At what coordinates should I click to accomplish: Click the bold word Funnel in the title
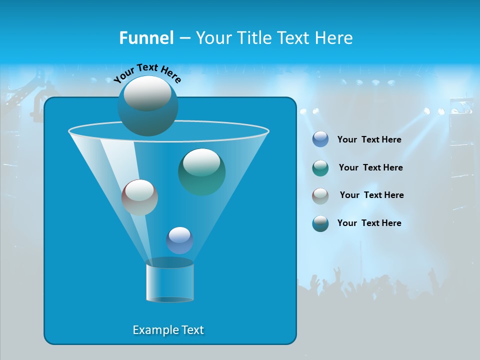(x=146, y=37)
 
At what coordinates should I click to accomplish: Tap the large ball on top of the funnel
(x=147, y=106)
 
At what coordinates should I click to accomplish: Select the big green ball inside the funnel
(x=201, y=172)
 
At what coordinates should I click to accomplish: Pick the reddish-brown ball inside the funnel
(x=139, y=197)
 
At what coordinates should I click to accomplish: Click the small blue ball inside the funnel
(x=179, y=240)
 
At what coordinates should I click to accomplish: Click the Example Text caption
(x=168, y=330)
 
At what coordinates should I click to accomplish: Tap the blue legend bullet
(x=320, y=139)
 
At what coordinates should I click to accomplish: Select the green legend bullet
(x=320, y=168)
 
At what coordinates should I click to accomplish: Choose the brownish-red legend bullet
(x=320, y=195)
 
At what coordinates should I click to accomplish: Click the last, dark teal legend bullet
(x=320, y=223)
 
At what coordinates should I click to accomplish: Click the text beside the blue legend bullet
(x=369, y=140)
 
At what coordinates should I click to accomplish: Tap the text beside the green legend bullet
(x=370, y=167)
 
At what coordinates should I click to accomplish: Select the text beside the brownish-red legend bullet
(x=371, y=195)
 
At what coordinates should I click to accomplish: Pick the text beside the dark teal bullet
(x=369, y=223)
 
